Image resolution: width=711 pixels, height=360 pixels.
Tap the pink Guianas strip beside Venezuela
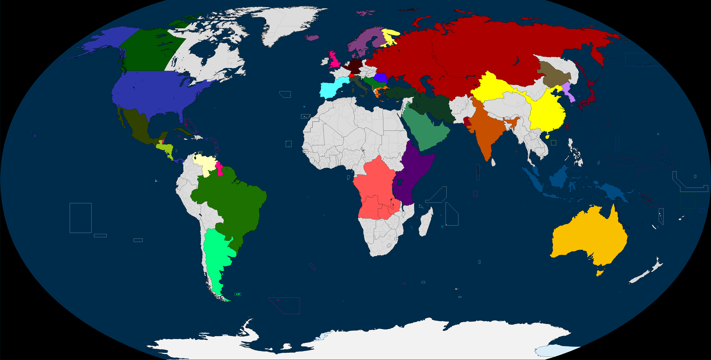(x=219, y=168)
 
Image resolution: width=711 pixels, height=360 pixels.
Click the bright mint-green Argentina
(x=218, y=254)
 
